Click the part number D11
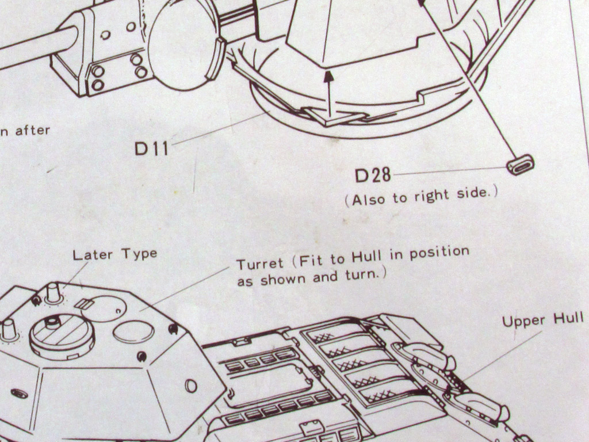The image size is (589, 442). click(152, 148)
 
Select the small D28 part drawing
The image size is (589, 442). click(520, 165)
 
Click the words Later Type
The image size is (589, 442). click(114, 254)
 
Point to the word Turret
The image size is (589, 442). click(260, 264)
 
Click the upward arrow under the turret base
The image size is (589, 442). click(328, 92)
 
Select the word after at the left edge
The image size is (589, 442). click(32, 131)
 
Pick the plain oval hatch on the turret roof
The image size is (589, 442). click(133, 332)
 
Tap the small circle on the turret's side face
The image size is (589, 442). click(191, 386)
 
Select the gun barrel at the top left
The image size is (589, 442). click(35, 48)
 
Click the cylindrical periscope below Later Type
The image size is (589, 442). click(53, 292)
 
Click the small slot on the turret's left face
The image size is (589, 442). click(20, 393)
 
